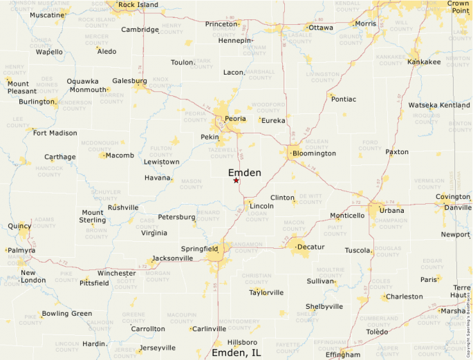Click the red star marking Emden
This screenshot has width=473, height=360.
tap(236, 180)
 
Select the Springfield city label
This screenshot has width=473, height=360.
tap(199, 248)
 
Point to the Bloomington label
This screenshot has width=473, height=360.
tap(314, 153)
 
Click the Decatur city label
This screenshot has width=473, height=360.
tap(310, 246)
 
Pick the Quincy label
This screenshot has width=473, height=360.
tap(19, 225)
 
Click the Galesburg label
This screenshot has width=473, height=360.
tap(129, 80)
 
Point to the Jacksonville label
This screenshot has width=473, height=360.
tap(172, 258)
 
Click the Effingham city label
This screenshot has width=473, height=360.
tap(343, 354)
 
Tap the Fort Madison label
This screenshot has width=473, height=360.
tap(55, 133)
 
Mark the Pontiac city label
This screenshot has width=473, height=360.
tap(344, 99)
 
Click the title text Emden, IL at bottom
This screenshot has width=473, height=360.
tap(236, 353)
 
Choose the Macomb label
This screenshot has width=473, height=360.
tap(120, 155)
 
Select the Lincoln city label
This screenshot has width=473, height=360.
tap(261, 206)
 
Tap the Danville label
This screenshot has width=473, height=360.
tap(458, 207)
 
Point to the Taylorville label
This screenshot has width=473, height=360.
tap(266, 292)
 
